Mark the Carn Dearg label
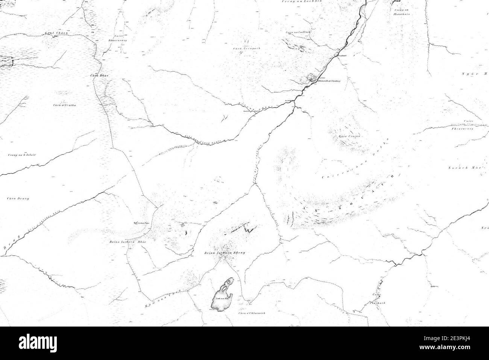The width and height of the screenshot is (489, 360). [18, 198]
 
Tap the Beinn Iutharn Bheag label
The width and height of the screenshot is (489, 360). [225, 253]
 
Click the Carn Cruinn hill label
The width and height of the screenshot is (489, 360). [349, 136]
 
